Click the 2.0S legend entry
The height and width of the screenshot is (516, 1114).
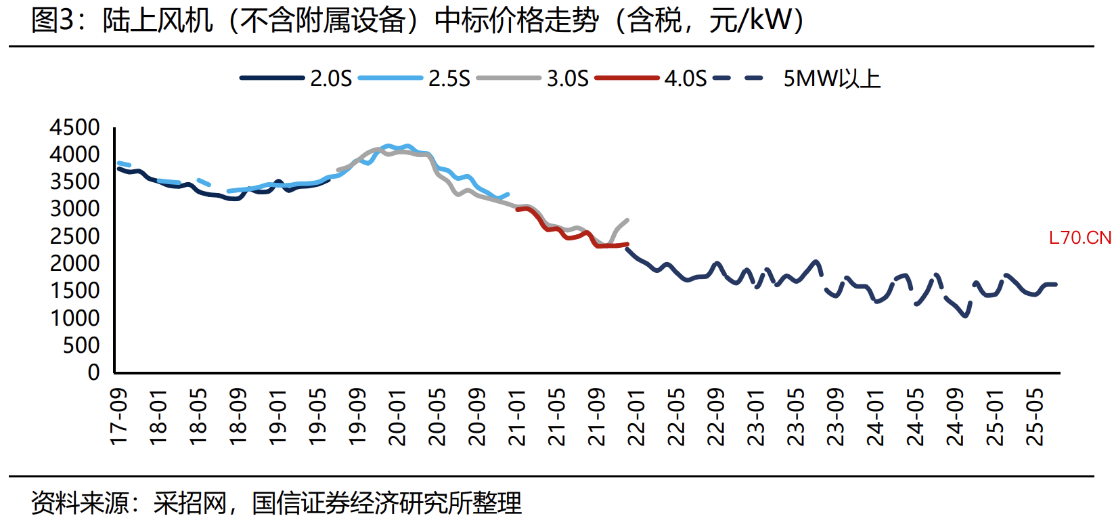click(x=331, y=79)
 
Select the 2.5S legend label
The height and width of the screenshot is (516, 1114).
click(x=449, y=79)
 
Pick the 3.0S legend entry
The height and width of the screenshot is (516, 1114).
click(x=567, y=79)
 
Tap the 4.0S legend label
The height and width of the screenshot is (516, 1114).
click(x=686, y=79)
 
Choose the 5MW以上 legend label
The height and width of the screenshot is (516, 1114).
click(x=832, y=79)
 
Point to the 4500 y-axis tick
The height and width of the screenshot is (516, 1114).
click(x=74, y=127)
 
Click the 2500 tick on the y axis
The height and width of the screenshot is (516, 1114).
click(x=74, y=236)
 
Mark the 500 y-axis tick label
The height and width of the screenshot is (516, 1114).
click(x=81, y=345)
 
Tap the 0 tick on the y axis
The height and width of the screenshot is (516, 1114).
click(x=94, y=372)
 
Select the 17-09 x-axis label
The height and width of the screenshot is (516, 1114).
click(x=118, y=416)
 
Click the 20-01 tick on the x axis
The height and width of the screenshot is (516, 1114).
click(x=397, y=416)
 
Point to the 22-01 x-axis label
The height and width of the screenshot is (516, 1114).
click(x=637, y=416)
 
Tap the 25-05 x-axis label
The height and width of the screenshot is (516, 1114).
click(x=1035, y=416)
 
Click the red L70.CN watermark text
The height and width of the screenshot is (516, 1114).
click(x=1079, y=238)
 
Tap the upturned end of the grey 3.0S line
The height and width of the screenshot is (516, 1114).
click(x=627, y=220)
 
